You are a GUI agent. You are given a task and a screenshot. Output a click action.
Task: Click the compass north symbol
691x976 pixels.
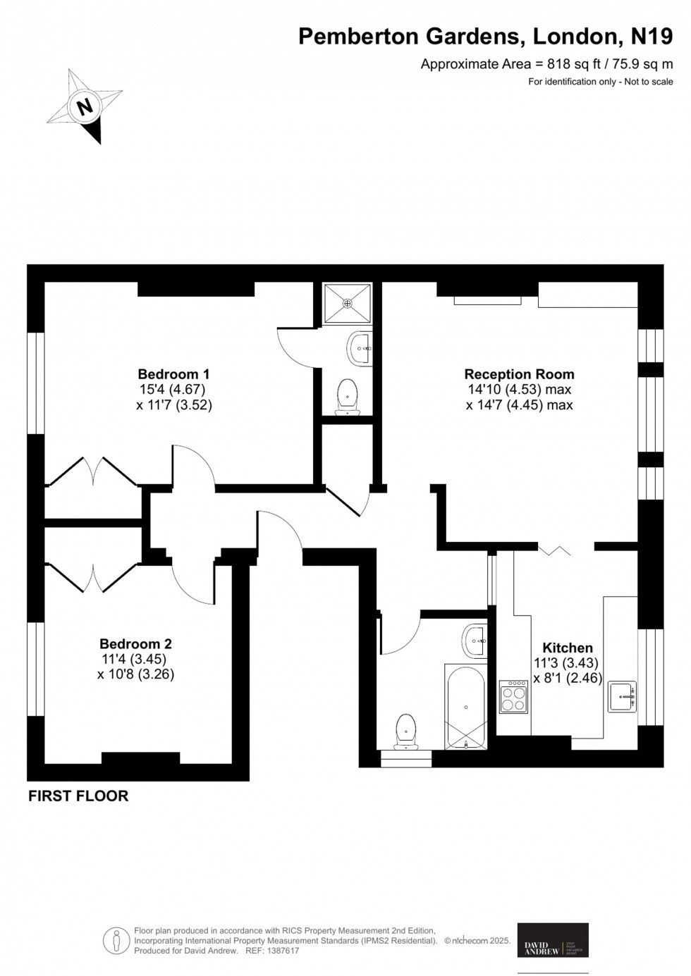point(85,106)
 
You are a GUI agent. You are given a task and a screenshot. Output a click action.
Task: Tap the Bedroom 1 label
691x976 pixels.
point(173,374)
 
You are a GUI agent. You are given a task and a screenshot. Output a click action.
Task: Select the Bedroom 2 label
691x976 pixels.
point(135,643)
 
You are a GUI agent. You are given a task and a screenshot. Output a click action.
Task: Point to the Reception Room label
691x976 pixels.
point(519,374)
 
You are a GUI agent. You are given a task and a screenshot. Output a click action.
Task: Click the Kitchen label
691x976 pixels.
point(567,648)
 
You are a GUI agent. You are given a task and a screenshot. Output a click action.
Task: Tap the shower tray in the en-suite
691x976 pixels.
point(347,304)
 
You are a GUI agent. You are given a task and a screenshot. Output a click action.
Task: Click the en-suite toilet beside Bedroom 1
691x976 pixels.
point(347,397)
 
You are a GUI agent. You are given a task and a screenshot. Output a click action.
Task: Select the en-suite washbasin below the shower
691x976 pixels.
point(360,348)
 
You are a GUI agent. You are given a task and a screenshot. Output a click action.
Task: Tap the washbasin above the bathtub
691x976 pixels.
point(475,641)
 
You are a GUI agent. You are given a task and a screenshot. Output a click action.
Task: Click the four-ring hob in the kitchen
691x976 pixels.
point(513,697)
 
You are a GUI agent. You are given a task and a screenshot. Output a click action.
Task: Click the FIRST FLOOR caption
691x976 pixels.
point(78,796)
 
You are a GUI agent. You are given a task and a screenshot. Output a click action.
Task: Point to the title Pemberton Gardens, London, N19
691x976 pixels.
point(485,36)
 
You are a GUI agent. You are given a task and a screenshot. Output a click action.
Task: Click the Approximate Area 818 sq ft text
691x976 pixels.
point(546,64)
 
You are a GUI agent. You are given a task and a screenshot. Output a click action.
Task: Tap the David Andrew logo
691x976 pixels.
point(553,940)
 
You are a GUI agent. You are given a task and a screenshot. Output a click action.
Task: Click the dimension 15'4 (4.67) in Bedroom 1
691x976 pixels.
point(173,390)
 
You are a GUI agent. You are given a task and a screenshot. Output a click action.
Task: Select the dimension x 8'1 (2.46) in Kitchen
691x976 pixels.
point(567,679)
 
